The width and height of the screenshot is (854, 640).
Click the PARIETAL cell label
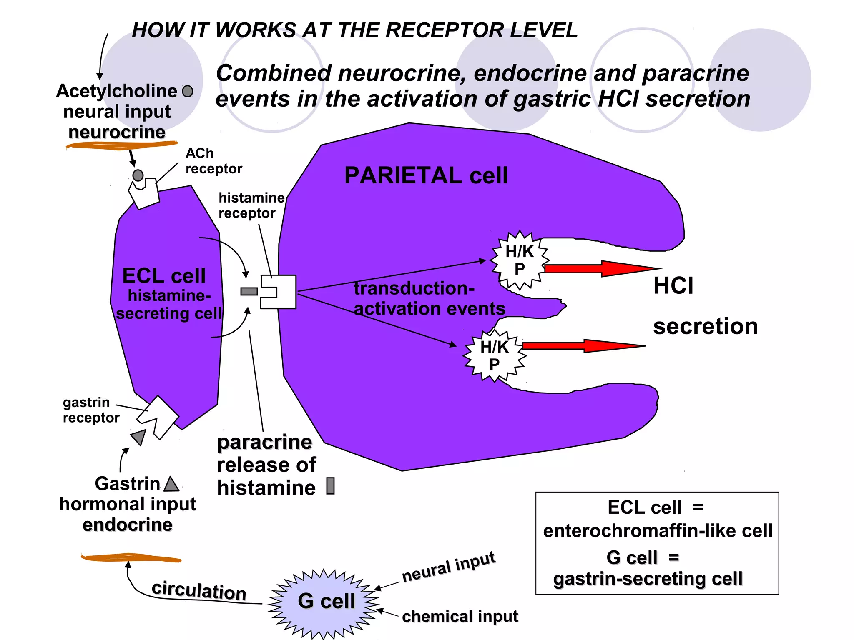(x=426, y=175)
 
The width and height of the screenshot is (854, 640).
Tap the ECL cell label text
(x=164, y=276)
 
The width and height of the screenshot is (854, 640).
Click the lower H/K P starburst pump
(x=494, y=355)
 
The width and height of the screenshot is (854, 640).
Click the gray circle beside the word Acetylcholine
(x=188, y=91)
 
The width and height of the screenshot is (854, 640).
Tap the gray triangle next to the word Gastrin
(x=171, y=485)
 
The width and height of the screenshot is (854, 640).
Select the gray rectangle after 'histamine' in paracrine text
(x=330, y=486)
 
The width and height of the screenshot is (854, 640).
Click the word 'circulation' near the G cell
(x=199, y=591)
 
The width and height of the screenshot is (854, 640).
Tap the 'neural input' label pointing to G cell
(x=448, y=567)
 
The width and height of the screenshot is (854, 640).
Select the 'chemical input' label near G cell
(x=460, y=616)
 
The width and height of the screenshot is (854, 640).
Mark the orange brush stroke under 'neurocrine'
(x=121, y=145)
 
